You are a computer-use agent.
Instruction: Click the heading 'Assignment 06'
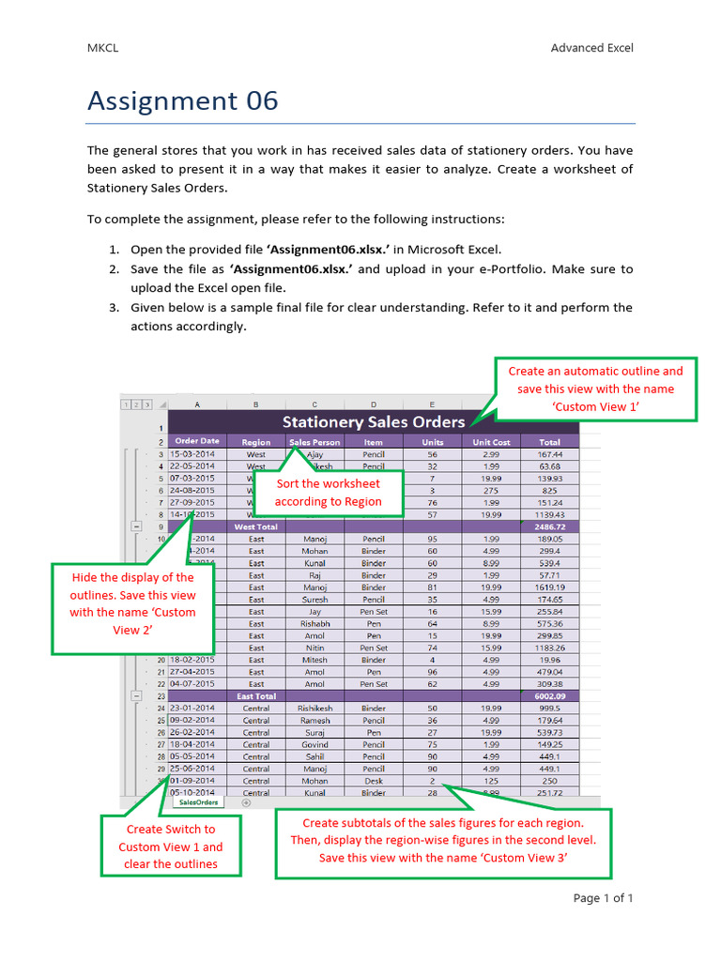tap(183, 100)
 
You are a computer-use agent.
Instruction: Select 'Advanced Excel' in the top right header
tap(591, 48)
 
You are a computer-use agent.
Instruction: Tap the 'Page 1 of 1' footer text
tap(603, 898)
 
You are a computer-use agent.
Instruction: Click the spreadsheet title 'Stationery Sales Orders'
tap(374, 421)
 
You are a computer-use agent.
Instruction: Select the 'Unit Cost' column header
tap(491, 441)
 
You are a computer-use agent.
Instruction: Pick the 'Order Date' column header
tap(197, 441)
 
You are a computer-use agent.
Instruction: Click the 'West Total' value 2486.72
tap(549, 527)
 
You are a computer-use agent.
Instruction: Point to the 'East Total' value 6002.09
tap(549, 696)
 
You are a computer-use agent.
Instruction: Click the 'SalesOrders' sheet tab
tap(199, 802)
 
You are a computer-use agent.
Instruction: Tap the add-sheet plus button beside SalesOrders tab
tap(247, 802)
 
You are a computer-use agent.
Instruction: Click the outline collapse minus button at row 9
tap(137, 527)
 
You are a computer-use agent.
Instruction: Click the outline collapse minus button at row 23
tap(137, 696)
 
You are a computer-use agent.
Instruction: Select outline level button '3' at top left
tap(147, 404)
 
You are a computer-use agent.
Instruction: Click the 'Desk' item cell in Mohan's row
tap(373, 781)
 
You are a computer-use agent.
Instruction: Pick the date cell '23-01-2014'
tap(192, 709)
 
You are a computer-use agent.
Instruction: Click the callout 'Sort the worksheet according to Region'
tap(328, 492)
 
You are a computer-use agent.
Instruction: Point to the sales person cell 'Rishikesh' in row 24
tap(314, 709)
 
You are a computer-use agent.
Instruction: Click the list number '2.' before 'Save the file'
tap(113, 268)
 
